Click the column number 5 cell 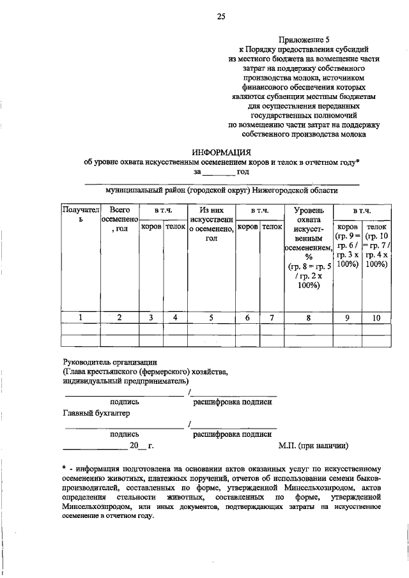tap(212, 317)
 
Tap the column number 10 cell tap(376, 317)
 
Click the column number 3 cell tap(151, 317)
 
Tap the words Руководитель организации tap(109, 361)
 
